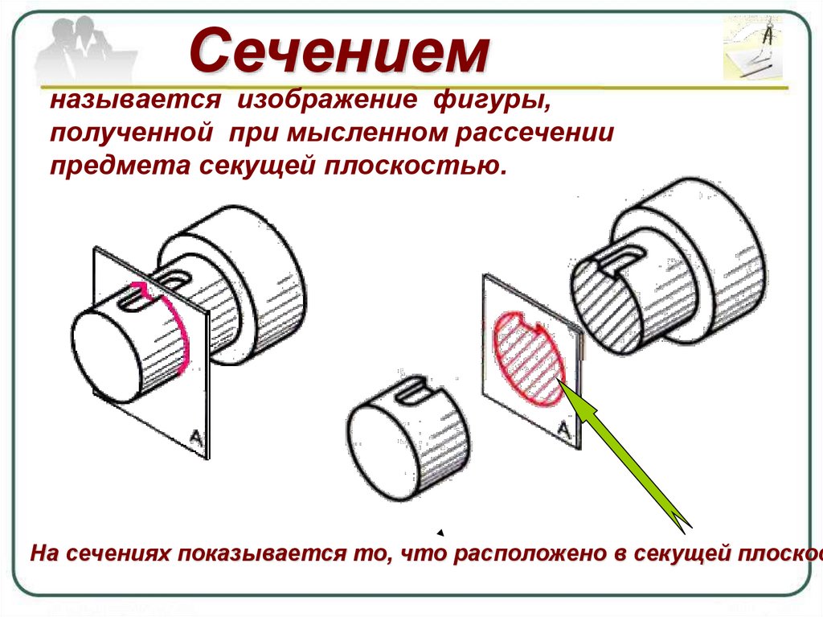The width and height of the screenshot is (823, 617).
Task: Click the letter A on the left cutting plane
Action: tap(195, 437)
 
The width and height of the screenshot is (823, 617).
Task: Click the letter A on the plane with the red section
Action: tap(564, 432)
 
